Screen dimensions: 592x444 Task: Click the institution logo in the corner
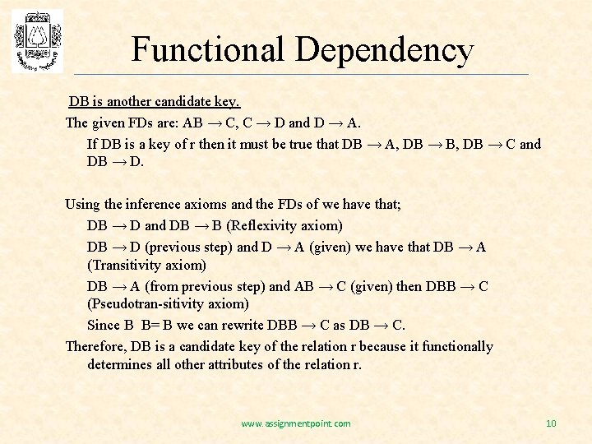point(37,41)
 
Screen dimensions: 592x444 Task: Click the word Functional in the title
point(207,49)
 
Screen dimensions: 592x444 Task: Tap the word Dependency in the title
point(384,51)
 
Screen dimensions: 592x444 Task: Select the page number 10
point(551,423)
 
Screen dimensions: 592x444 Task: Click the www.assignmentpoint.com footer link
point(296,423)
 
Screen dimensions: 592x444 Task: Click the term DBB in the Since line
point(282,325)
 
